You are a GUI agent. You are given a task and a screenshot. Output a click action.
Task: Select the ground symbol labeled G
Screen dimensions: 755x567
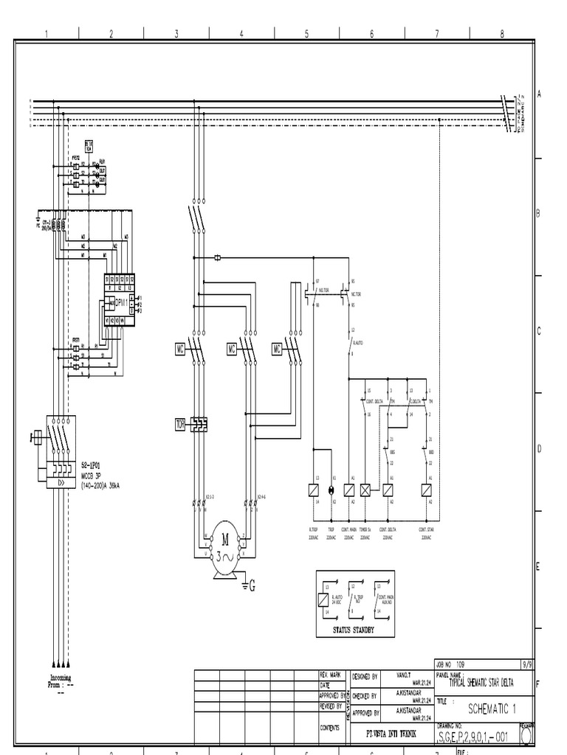(x=249, y=585)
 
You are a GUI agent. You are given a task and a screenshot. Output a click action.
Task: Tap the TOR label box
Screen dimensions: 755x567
(x=179, y=423)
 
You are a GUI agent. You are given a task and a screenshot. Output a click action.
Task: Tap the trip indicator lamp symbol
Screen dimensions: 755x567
(x=331, y=490)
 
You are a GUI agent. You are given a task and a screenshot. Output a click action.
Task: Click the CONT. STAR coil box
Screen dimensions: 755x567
(x=426, y=490)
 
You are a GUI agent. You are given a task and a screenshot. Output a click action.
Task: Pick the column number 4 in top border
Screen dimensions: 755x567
(x=241, y=33)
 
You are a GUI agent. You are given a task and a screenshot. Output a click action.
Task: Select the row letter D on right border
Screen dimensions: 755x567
(x=539, y=448)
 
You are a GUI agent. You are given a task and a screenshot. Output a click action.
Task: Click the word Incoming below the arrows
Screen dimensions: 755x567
(x=61, y=677)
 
